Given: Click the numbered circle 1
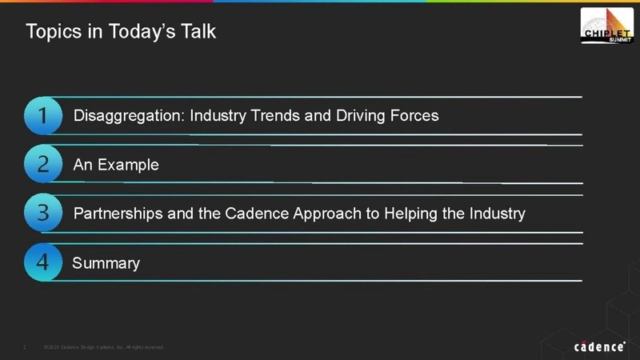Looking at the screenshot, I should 43,116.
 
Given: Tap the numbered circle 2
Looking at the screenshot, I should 43,165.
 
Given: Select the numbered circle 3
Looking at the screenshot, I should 43,214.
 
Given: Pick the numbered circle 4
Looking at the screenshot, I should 43,263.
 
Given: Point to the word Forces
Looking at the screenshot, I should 414,116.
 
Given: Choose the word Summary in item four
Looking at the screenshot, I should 106,263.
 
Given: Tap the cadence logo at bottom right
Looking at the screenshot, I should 599,346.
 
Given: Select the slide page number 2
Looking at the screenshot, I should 26,347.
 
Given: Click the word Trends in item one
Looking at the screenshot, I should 277,116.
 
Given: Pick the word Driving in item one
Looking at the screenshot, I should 360,116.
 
